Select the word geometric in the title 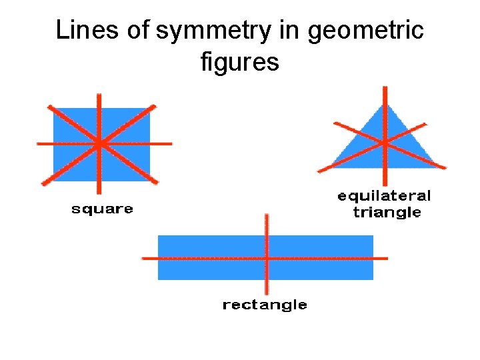[365, 31]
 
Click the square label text [102, 209]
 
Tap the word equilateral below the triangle [385, 196]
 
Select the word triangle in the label [387, 213]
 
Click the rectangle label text [265, 305]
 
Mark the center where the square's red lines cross [99, 143]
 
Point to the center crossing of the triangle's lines [385, 142]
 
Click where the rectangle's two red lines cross [267, 257]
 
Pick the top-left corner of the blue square [53, 109]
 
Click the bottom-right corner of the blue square [150, 181]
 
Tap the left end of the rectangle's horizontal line [143, 257]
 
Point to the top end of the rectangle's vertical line [267, 215]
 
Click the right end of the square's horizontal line [171, 143]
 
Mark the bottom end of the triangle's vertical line [385, 183]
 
